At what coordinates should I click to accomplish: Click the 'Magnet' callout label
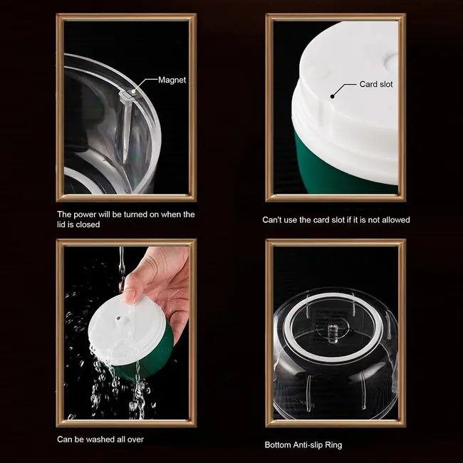[x=172, y=80]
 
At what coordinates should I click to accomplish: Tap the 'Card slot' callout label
[x=375, y=84]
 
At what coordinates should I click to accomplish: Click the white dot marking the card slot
[x=332, y=94]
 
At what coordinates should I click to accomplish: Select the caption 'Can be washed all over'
[x=100, y=439]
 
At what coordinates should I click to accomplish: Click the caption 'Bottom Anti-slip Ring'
[x=303, y=444]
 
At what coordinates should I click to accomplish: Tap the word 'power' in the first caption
[x=88, y=214]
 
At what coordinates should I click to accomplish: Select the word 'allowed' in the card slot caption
[x=395, y=220]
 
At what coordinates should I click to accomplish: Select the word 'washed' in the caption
[x=99, y=439]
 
